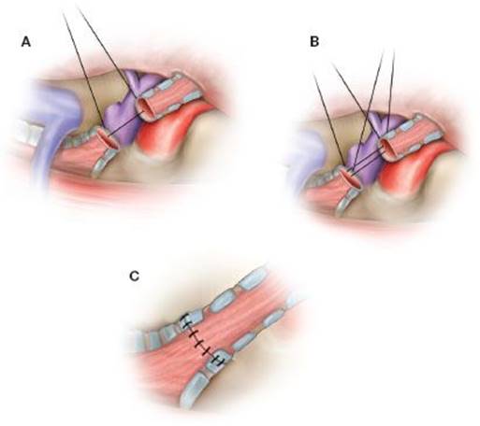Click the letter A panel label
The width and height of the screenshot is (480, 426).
pos(26,42)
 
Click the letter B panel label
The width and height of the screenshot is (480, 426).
pos(314,42)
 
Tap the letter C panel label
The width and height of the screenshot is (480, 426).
pos(134,277)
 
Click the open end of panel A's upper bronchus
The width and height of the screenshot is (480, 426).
pos(145,109)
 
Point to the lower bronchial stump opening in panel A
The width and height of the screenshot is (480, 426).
pos(108,138)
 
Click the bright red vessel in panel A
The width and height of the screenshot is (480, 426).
pos(166,131)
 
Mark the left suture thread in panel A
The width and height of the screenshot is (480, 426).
pos(82,71)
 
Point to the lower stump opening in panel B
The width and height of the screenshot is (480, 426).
pos(353,177)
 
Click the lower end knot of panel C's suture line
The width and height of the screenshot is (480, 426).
pos(218,361)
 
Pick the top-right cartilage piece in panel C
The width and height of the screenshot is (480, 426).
pos(253,279)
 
